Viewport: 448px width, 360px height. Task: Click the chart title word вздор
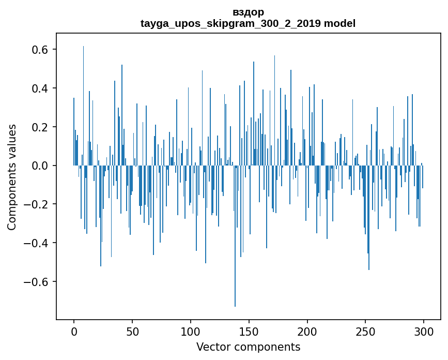coord(248,12)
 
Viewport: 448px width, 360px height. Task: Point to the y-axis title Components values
coord(12,177)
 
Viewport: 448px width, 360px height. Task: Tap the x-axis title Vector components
coord(248,347)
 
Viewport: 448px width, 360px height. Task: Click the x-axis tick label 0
coord(74,332)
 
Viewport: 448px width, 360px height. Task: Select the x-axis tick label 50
coord(132,332)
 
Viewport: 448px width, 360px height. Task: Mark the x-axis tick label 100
coord(191,332)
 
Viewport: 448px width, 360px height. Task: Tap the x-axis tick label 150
coord(249,332)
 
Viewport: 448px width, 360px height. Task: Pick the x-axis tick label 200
coord(307,332)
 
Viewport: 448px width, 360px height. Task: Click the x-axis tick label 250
coord(366,332)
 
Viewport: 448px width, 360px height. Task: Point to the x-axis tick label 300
coord(424,332)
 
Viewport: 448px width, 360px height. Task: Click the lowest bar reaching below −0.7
coord(235,300)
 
